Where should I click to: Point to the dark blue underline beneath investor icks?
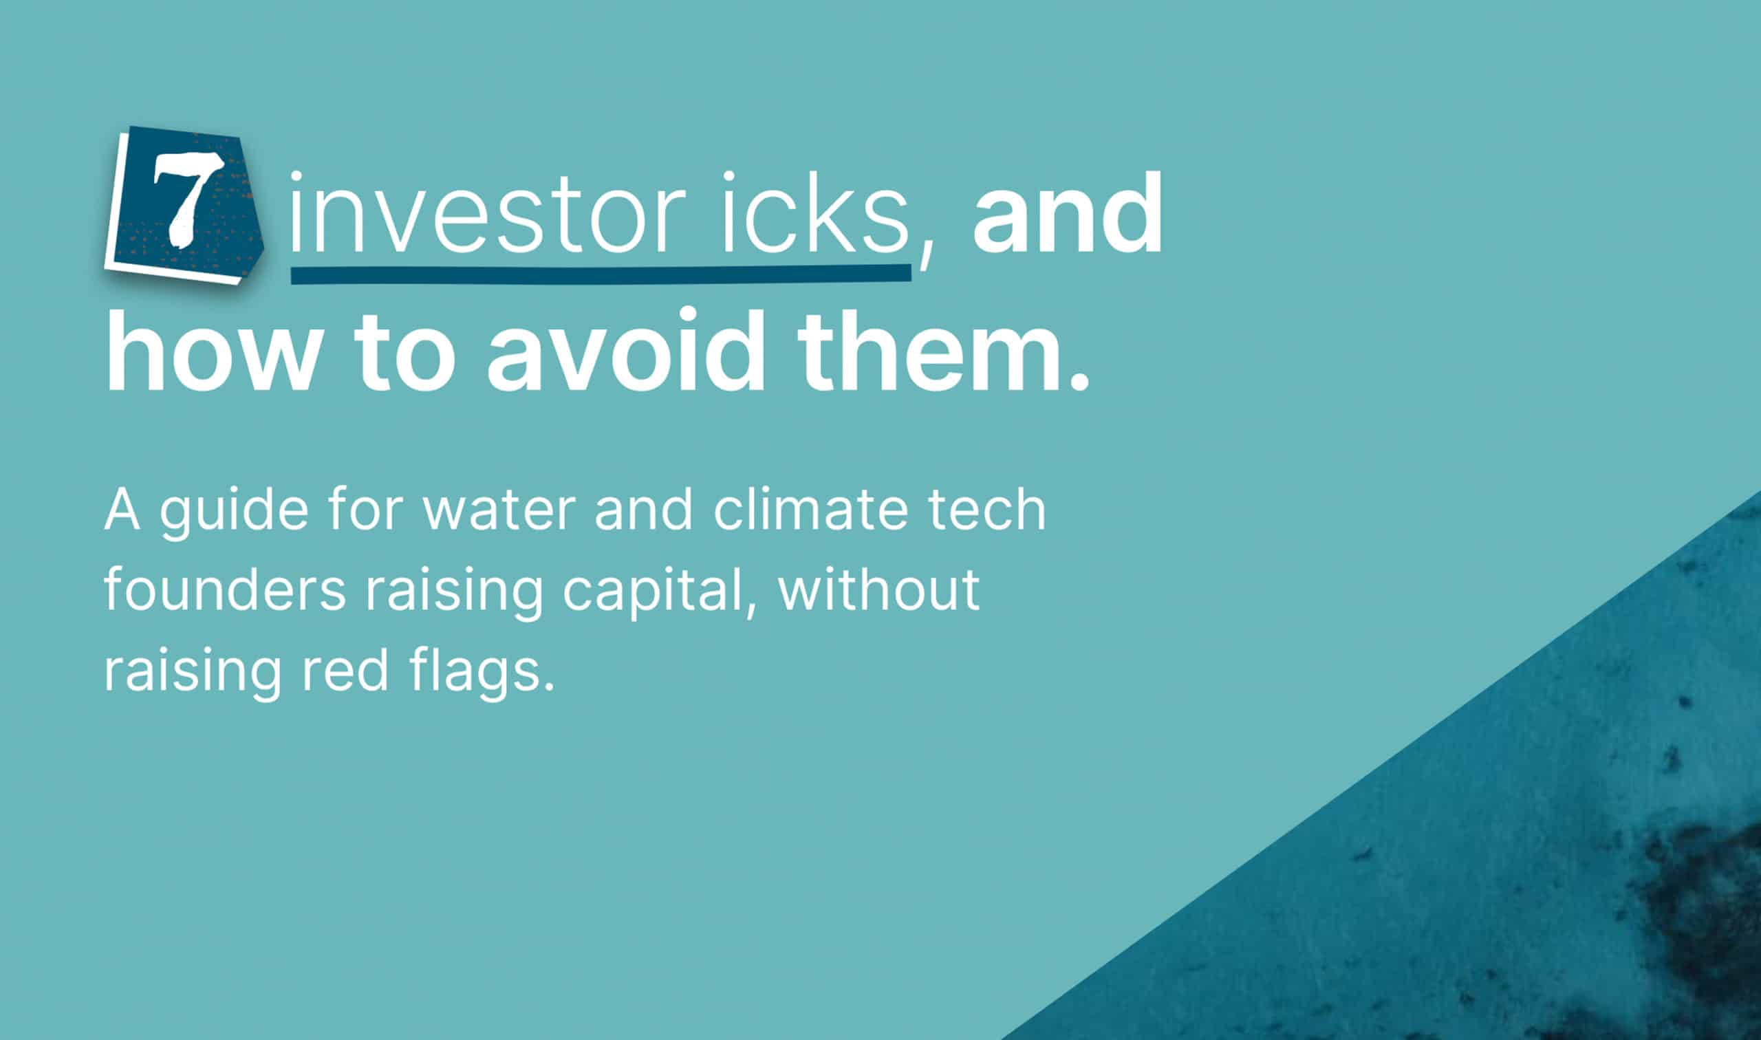tap(601, 273)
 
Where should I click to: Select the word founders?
tap(225, 590)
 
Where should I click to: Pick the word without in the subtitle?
tap(878, 590)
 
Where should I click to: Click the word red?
tap(345, 671)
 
